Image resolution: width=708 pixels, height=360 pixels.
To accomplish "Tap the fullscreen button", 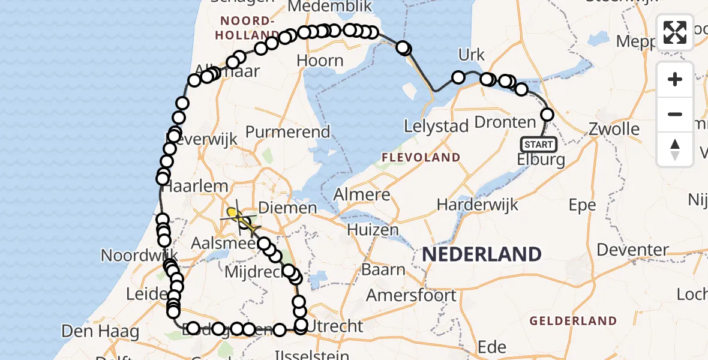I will click(675, 32).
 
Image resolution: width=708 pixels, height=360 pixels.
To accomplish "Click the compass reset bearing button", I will click(675, 149).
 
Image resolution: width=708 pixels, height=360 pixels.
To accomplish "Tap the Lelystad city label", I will click(436, 127).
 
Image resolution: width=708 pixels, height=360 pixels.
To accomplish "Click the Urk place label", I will click(471, 55).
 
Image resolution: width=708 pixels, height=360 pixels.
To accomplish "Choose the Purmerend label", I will click(288, 132).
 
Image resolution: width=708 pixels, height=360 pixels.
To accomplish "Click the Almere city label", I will click(361, 195).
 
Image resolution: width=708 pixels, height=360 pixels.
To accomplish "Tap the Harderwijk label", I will click(478, 205).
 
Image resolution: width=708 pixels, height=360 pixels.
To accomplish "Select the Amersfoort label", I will click(411, 295).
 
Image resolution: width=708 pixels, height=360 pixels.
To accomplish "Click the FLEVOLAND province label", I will click(421, 158).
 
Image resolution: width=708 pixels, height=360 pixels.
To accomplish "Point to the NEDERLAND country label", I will click(482, 254).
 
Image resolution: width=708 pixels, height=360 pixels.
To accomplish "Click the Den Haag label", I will click(101, 331).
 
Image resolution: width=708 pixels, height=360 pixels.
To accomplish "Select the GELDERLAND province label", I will click(573, 321).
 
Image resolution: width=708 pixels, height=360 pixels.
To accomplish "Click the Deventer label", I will click(633, 249).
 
